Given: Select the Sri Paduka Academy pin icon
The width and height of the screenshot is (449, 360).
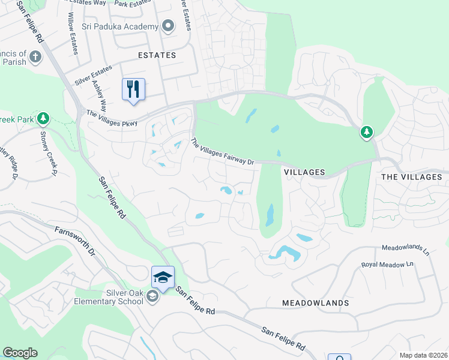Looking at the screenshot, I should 168,26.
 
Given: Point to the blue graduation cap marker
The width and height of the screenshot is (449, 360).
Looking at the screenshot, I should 163,277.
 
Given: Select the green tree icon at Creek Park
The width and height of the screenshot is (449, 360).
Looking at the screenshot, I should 43,118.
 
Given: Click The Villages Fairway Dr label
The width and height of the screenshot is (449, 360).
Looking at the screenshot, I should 223,152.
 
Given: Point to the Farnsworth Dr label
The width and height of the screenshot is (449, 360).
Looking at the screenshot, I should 75,240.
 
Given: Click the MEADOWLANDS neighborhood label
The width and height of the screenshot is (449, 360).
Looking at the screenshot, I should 316,303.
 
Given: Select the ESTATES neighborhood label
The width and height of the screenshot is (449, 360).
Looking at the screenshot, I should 157,55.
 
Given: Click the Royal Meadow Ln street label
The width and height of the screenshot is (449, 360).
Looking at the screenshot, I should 388,264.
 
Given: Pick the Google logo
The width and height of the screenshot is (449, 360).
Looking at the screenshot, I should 20,353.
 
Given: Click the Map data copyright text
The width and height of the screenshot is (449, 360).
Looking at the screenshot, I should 422,355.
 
